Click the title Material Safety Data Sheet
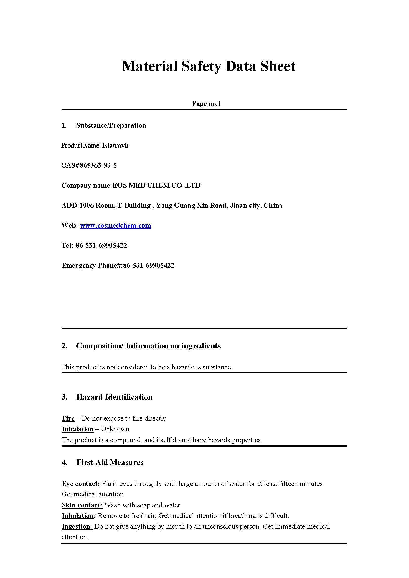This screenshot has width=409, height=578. [x=208, y=66]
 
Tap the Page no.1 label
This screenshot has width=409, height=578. [x=206, y=104]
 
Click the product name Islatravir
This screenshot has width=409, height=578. [x=116, y=145]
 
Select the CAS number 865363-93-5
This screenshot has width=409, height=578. [x=98, y=166]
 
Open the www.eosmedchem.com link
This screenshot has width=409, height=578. [x=115, y=225]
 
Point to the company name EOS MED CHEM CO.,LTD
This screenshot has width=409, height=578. [x=156, y=185]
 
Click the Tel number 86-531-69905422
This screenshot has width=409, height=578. [x=101, y=245]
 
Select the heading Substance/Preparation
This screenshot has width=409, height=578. [x=111, y=126]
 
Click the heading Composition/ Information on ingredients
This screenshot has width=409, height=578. [x=148, y=346]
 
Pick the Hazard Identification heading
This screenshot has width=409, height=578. [x=114, y=397]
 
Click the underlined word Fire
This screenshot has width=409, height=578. [x=68, y=419]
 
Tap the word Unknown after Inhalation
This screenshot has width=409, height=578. [x=115, y=429]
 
